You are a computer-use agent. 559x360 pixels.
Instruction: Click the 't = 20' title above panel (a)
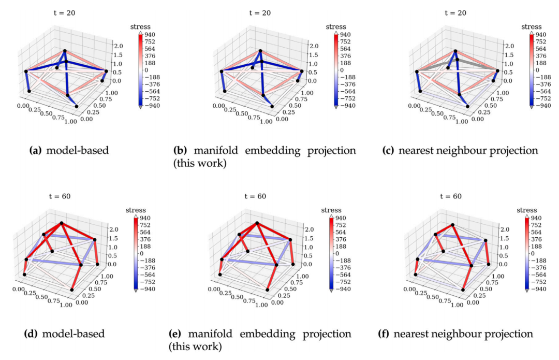pos(64,13)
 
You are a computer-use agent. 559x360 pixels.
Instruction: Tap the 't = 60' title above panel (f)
pos(451,197)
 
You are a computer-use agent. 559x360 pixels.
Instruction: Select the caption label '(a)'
pos(35,151)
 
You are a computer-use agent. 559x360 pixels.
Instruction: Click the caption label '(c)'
pos(388,151)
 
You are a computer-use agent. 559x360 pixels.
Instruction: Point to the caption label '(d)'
pos(31,334)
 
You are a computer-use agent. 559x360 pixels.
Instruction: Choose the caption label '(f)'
pos(384,334)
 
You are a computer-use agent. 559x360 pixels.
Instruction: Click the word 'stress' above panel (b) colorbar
pos(336,27)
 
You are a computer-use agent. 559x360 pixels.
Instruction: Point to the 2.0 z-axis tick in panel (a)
pos(119,46)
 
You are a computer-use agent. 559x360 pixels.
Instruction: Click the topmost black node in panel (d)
pos(62,223)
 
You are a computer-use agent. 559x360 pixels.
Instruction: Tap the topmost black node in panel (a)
pos(65,51)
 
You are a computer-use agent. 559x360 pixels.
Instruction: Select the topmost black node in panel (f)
pos(452,225)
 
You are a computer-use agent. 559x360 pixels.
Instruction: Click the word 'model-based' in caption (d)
pos(73,334)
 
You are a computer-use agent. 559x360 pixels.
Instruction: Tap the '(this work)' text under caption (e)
pos(195,347)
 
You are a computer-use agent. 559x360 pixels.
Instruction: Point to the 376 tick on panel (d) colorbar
pos(145,239)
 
